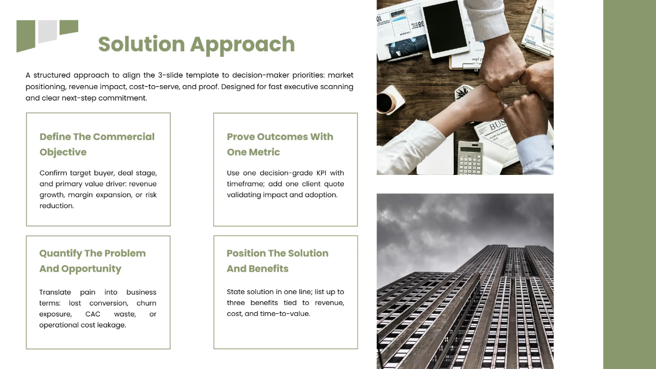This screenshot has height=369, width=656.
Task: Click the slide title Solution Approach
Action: coord(196,44)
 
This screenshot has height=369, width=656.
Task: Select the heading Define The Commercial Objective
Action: coord(97,144)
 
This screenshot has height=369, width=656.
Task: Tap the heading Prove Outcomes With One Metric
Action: coord(280,144)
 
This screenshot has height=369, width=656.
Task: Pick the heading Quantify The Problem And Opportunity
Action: coord(92,261)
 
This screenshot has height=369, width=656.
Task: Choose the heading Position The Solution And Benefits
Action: coord(277,261)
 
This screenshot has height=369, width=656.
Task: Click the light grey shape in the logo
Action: coord(48,31)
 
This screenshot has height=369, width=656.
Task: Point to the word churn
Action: coord(147,303)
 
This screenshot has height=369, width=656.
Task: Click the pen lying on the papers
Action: coord(542,25)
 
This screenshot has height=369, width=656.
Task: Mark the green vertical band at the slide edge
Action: coord(629,184)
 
